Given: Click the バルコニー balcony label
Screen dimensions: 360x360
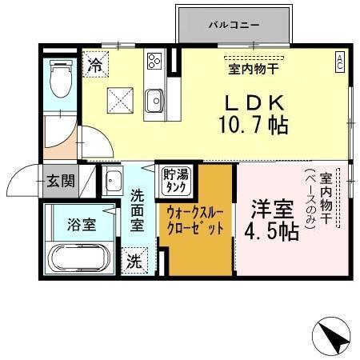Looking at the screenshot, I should pyautogui.click(x=234, y=25).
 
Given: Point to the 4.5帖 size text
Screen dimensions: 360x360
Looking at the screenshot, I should pyautogui.click(x=273, y=231).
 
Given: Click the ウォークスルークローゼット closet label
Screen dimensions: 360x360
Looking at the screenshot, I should pyautogui.click(x=195, y=219).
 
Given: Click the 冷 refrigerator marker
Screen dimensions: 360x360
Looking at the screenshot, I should pyautogui.click(x=95, y=61).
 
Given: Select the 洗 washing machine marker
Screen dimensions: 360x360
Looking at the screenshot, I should pyautogui.click(x=135, y=260).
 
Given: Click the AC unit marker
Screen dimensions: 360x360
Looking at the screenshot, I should pyautogui.click(x=340, y=60).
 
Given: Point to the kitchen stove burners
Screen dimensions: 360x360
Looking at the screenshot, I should pyautogui.click(x=154, y=61).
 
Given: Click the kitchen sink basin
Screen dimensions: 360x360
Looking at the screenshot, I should pyautogui.click(x=154, y=100).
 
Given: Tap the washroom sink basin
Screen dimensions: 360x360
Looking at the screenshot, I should pyautogui.click(x=112, y=180).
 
